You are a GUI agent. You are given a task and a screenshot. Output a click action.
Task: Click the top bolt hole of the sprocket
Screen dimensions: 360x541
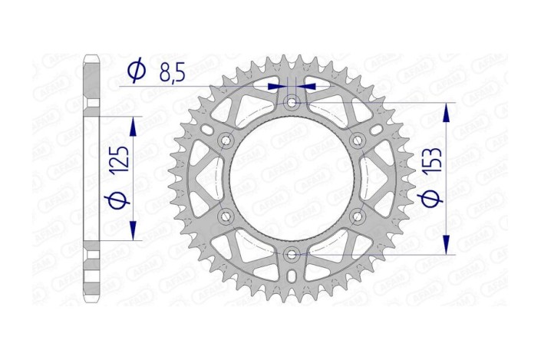coord(292,102)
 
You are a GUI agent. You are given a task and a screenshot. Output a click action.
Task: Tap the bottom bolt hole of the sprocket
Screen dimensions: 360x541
coord(292,254)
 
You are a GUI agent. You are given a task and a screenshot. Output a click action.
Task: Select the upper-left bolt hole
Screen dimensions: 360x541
coord(226,140)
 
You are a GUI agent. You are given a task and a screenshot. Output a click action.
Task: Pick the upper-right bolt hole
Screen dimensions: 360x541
coord(357,140)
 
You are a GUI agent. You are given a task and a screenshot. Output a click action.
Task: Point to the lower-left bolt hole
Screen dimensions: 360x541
coord(226,216)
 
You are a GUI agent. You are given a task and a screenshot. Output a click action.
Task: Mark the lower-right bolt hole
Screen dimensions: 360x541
coord(357,216)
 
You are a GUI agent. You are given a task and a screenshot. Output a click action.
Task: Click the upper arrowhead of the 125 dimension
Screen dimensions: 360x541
coord(135,125)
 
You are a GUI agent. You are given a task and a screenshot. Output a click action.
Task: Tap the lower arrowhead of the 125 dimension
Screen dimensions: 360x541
coord(135,232)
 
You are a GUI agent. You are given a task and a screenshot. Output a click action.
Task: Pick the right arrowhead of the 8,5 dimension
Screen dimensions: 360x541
coord(308,87)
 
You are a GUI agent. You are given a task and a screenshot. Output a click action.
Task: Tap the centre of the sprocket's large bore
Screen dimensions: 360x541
coord(292,178)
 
